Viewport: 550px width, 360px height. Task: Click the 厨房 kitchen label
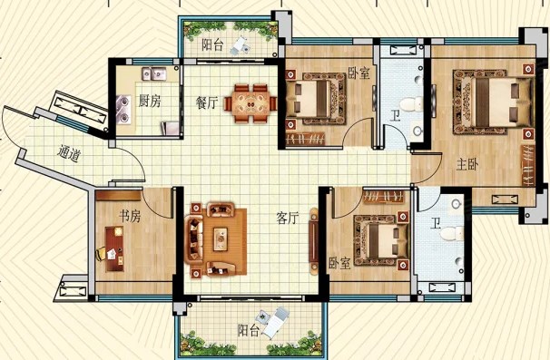150,101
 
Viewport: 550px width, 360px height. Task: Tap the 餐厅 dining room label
207,102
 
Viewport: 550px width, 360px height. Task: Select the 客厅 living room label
288,218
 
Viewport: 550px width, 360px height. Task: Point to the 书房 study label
130,216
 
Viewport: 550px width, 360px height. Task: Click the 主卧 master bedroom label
467,164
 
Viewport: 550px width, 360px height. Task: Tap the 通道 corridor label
68,153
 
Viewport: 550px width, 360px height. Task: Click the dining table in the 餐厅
250,103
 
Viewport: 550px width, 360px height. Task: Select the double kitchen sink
154,73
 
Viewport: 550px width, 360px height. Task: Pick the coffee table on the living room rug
221,239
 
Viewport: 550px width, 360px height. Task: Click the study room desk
114,248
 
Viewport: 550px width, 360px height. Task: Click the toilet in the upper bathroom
411,104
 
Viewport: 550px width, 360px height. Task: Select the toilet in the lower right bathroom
451,234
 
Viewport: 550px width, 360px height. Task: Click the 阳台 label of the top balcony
212,44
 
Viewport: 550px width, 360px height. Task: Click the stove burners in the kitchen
123,110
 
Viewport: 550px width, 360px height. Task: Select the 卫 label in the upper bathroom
396,115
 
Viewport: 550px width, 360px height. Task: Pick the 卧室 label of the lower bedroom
339,263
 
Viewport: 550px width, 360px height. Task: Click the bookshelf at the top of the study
118,196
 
